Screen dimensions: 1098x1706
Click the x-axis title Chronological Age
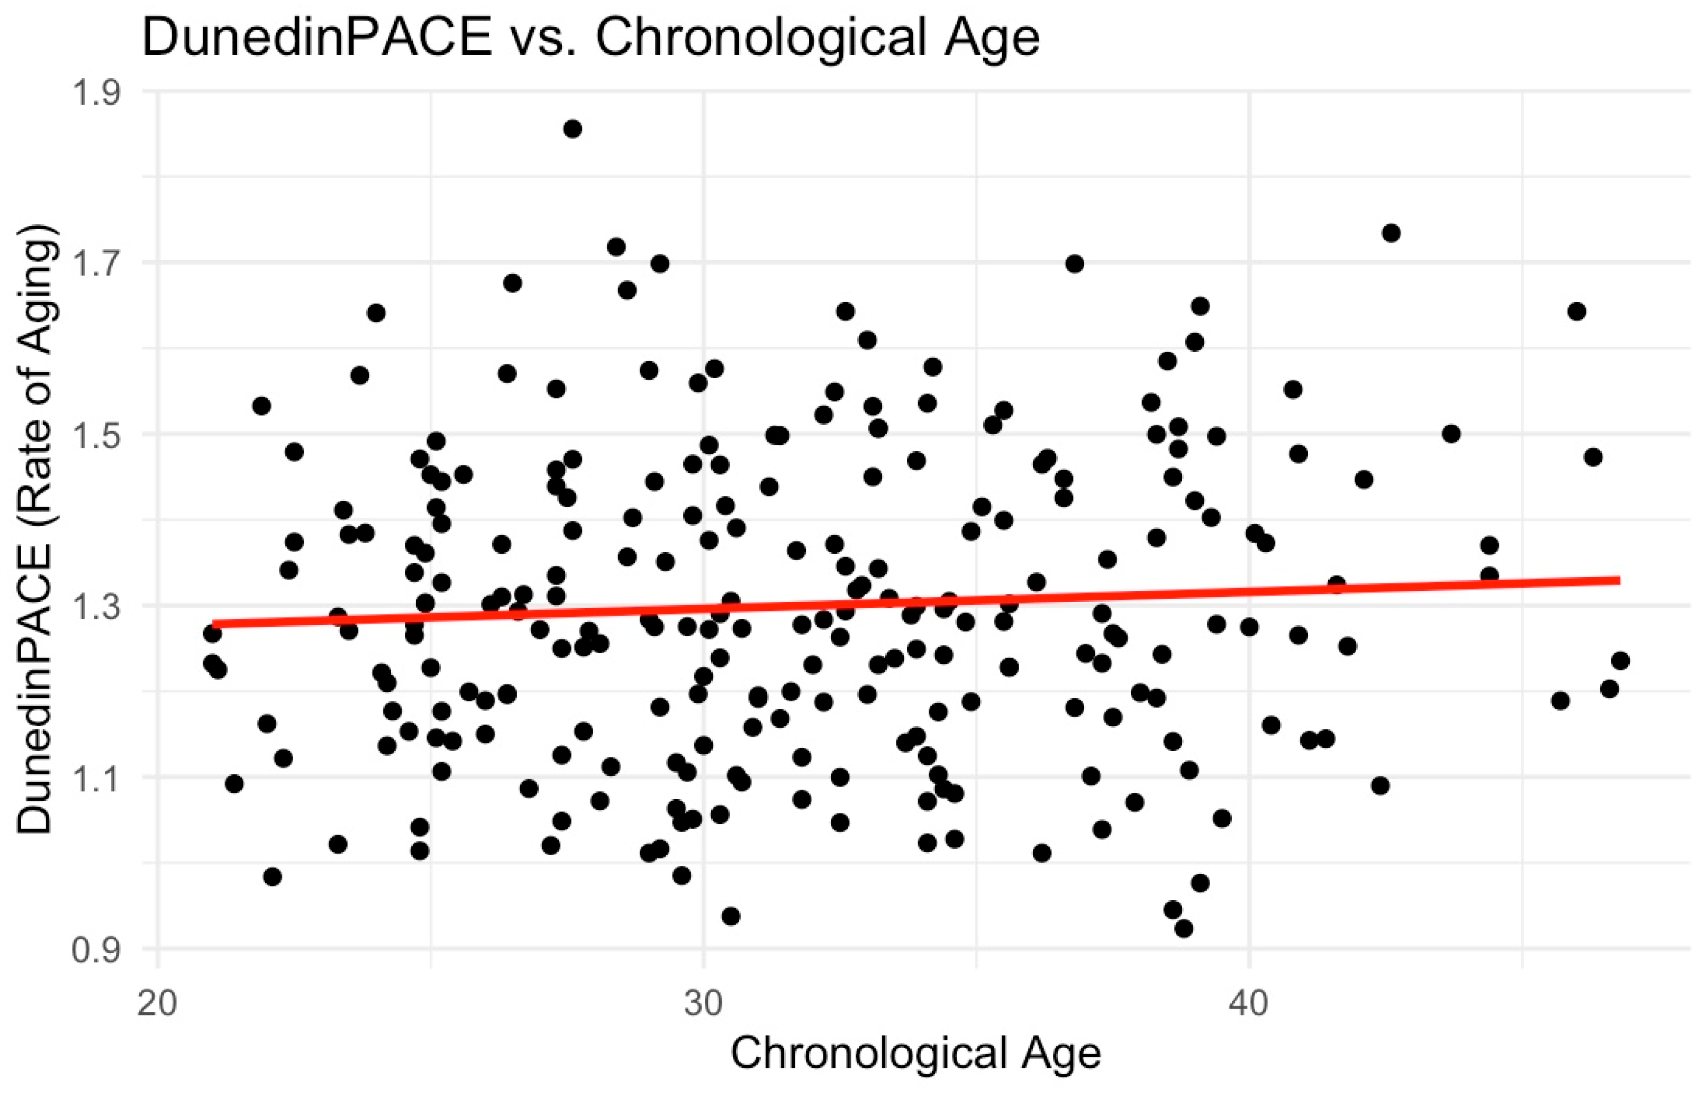pos(915,1053)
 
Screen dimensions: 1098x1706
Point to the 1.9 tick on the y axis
pos(97,93)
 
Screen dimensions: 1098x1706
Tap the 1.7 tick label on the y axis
pos(97,264)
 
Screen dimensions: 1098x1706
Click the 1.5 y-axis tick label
pos(97,435)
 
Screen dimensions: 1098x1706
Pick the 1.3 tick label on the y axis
pos(97,607)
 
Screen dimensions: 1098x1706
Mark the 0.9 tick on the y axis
pos(97,950)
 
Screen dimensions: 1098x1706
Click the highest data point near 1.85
pos(572,129)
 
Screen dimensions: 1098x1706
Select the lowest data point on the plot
pos(1183,928)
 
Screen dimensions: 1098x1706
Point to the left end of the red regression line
pos(213,625)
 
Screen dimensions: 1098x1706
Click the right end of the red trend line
pos(1620,580)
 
